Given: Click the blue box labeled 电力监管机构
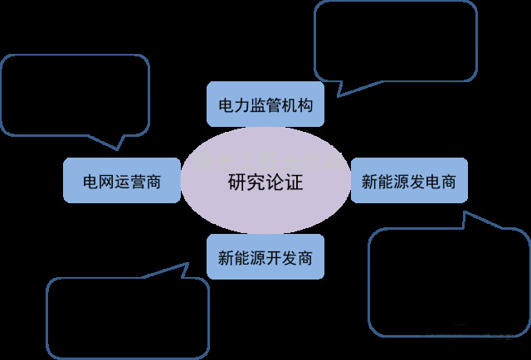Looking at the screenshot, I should tap(265, 105).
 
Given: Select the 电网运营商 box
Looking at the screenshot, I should tap(121, 180).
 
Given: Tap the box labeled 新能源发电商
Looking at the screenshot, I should tap(409, 180).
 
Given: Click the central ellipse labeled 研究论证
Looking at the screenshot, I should tap(265, 181).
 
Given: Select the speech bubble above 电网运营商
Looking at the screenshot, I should tap(75, 93).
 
